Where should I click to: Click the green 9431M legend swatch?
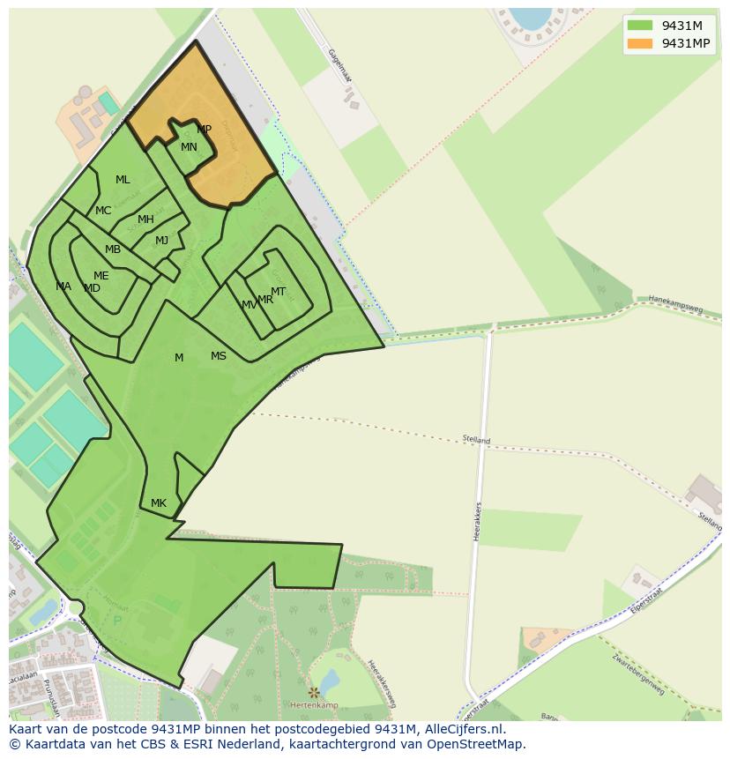point(639,26)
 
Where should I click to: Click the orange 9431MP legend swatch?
point(639,43)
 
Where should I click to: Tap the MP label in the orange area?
point(204,130)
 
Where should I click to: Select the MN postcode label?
point(189,147)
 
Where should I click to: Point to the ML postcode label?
point(123,180)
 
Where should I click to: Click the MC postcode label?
point(103,211)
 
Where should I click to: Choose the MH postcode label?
point(145,220)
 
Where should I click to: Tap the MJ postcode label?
point(161,241)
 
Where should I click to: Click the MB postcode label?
point(113,249)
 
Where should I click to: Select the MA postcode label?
point(63,286)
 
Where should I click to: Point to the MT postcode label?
point(278,292)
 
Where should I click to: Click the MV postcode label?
point(249,305)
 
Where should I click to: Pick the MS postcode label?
point(219,356)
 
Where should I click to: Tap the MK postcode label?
point(158,503)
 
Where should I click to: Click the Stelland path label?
point(476,439)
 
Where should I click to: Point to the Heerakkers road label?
point(479,521)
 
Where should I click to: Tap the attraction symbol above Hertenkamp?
point(314,692)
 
